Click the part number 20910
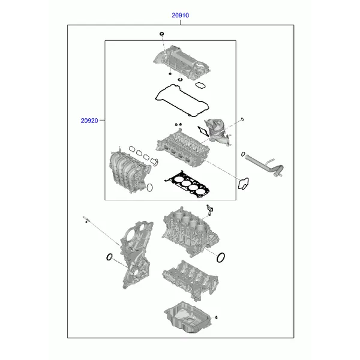tap(180, 15)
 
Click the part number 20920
tap(89, 121)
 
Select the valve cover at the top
tap(182, 62)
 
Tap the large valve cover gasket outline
tap(182, 100)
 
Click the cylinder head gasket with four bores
tap(187, 184)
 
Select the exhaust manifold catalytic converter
tap(218, 132)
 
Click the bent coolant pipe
tap(264, 165)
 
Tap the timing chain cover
tap(137, 255)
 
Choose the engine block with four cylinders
tap(190, 232)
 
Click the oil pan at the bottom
tap(188, 317)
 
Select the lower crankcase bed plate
tap(191, 280)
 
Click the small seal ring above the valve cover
tap(162, 34)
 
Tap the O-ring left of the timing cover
tap(110, 257)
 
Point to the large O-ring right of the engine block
tap(221, 257)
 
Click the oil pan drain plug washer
tap(216, 317)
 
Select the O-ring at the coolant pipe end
tap(243, 154)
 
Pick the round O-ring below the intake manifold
tap(149, 188)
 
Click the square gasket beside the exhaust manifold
tap(203, 131)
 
